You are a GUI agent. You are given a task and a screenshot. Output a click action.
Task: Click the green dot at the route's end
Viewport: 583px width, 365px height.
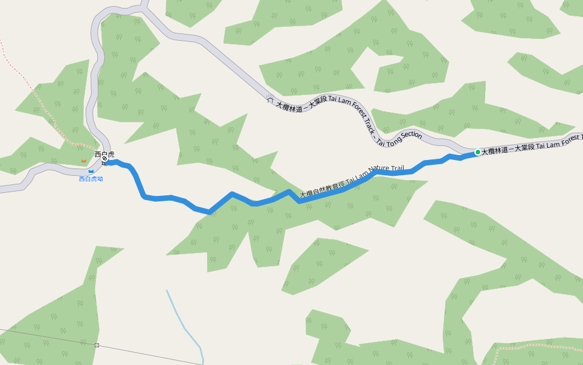click(477, 152)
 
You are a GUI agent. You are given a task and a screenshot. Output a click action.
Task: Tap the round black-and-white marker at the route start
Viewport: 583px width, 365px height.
click(104, 159)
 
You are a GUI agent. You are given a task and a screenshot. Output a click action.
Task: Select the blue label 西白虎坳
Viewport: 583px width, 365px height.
click(91, 179)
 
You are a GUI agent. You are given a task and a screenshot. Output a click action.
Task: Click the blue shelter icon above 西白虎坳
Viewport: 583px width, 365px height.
click(91, 171)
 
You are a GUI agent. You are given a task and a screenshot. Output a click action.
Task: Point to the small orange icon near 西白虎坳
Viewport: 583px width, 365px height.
click(84, 161)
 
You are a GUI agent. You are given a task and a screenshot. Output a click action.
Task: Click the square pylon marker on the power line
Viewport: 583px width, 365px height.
click(97, 345)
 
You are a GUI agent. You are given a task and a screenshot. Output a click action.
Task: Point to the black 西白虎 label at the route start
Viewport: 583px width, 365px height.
click(104, 154)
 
